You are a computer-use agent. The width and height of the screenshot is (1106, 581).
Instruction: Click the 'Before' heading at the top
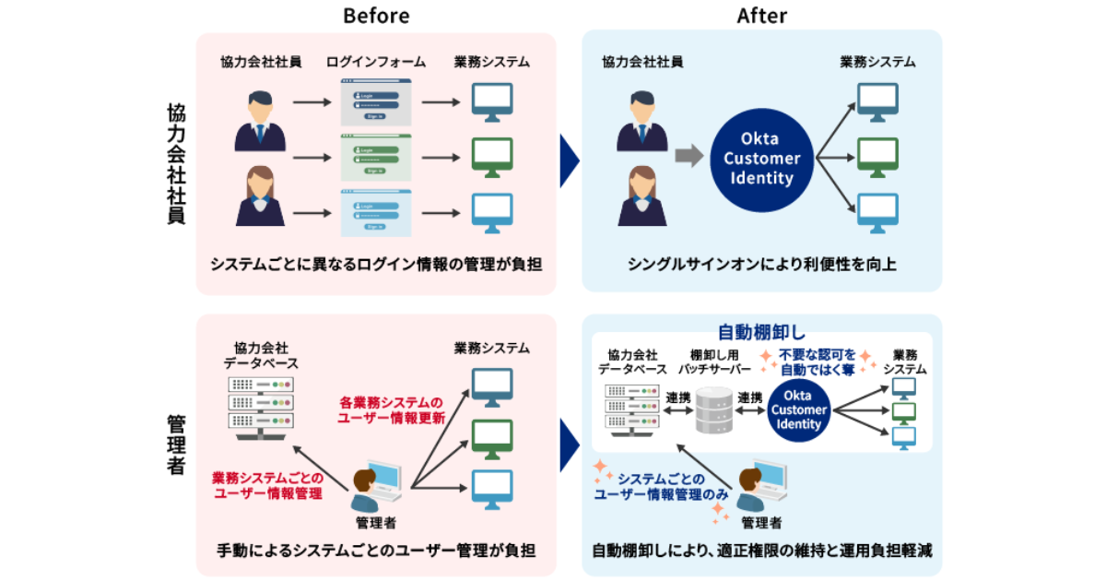pos(376,16)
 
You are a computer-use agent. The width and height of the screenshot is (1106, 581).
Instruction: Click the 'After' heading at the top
pos(761,16)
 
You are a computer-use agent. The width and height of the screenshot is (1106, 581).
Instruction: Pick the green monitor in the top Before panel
pos(492,158)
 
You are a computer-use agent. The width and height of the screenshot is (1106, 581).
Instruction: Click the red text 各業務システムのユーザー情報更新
pos(392,409)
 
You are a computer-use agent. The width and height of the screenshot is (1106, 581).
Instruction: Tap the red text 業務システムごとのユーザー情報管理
pos(267,485)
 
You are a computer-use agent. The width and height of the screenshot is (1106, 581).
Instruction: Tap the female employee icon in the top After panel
pos(641,196)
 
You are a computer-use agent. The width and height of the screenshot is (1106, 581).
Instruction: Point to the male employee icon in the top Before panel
pos(260,120)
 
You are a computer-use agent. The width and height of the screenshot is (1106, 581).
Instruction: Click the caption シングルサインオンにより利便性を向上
pos(761,265)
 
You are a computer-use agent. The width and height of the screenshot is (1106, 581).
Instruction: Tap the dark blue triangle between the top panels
pos(569,159)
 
